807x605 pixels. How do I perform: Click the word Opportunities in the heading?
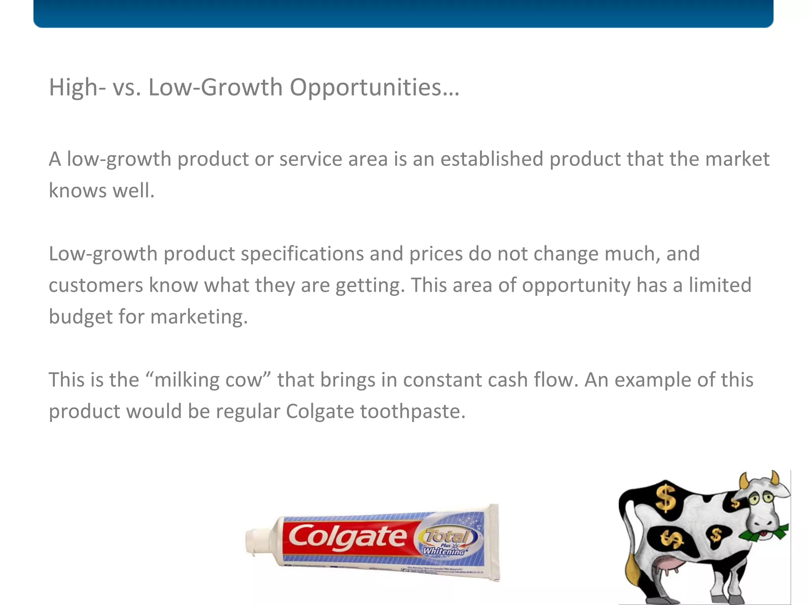[374, 87]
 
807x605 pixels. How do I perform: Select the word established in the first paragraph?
[491, 159]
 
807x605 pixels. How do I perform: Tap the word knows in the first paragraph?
[77, 191]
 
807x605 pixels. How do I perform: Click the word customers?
[96, 285]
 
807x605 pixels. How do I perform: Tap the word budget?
[80, 317]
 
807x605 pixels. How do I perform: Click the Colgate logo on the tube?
[347, 538]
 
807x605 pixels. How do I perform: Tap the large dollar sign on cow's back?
[666, 498]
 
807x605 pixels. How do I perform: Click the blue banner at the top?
[403, 13]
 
